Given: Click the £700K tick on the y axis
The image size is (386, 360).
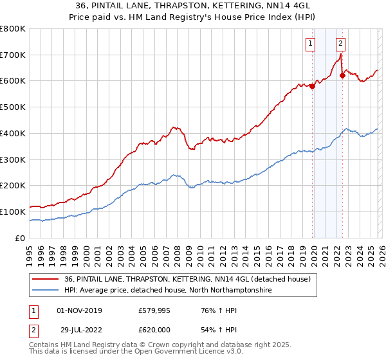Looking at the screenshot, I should coord(13,55).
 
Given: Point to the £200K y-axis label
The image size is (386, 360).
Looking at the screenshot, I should coord(13,186).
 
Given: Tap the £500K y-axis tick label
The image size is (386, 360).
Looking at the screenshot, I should coord(13,107).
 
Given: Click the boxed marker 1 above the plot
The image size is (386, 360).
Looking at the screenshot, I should coord(311,44).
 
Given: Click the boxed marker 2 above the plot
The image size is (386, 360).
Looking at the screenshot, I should coord(340,44).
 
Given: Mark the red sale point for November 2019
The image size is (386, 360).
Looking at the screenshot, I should coord(312,87).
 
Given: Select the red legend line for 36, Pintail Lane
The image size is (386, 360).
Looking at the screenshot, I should coord(46,280).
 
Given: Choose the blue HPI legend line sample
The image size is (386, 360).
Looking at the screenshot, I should coord(46,291).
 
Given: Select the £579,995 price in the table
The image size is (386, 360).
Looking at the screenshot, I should coord(153,310).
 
